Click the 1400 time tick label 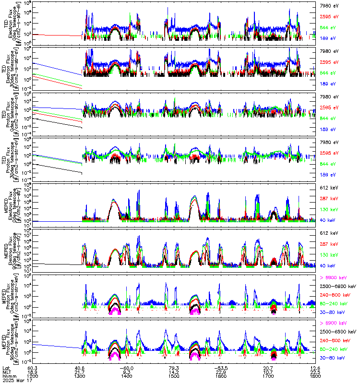(x=127, y=377)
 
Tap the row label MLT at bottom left (x=6, y=372)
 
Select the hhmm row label (x=7, y=377)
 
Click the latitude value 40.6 (x=80, y=367)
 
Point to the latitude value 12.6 (x=315, y=367)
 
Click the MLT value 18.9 (x=33, y=372)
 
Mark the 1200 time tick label (x=33, y=377)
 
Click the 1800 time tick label (x=315, y=377)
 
